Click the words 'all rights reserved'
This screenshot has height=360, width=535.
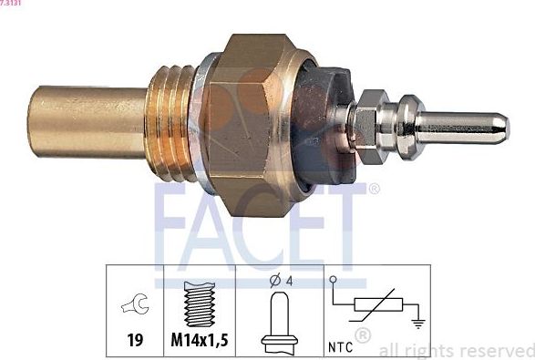point(455,349)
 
